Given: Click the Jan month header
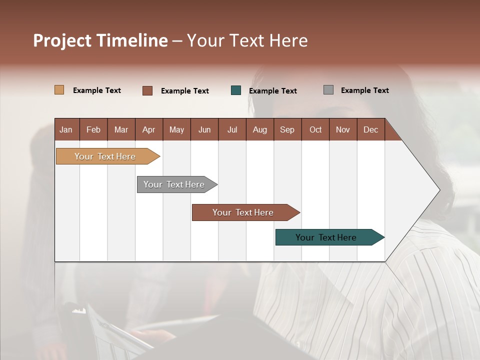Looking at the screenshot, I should coord(66,129).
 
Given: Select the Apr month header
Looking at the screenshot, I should coord(148,129).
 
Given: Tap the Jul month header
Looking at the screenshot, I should coord(232,129).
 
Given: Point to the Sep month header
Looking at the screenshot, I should coord(287,129).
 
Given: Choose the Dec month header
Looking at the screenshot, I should coord(370,129).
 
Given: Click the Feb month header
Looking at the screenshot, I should coord(93,129).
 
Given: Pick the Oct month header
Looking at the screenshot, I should coord(315,129).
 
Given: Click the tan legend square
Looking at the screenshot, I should coord(59,90).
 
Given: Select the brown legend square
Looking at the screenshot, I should coord(147,90).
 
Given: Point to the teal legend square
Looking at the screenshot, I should coord(236,90).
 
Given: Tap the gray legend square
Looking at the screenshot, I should coord(328,90).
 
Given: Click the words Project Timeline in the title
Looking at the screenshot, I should coord(100,40).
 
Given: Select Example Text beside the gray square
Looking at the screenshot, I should coord(364,90).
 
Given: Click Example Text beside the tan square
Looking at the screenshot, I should coord(97,90).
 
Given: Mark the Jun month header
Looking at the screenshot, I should coord(204,129).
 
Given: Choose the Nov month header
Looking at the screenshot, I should coord(343,129).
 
